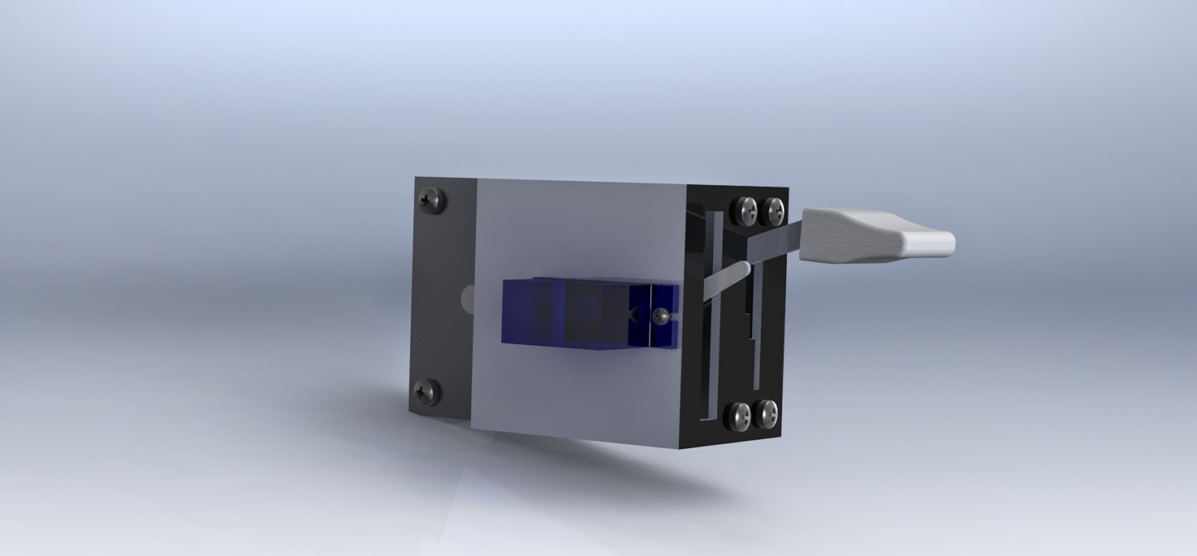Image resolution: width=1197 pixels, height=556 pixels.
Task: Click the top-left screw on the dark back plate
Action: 432,199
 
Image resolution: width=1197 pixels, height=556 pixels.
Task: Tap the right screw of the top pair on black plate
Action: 772,209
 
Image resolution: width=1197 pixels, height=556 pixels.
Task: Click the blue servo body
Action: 569,313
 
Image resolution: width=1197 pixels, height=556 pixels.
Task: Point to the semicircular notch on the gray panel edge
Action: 468,299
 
